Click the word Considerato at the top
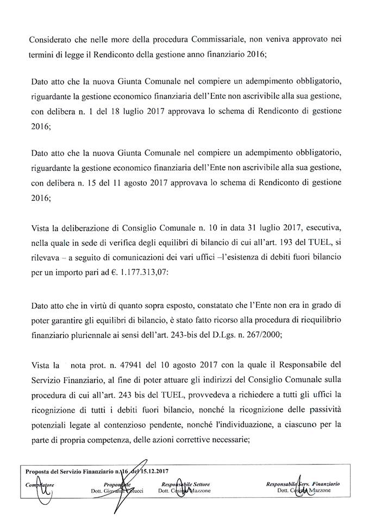click(48, 40)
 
